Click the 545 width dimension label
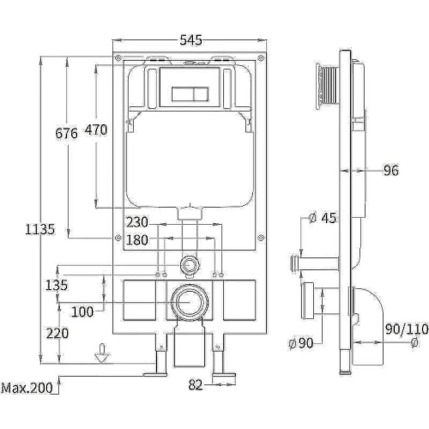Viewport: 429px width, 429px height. pos(190,40)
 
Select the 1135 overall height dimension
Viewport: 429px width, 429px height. pos(39,229)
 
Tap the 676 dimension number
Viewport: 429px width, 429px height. pos(66,133)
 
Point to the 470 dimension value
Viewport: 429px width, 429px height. pos(96,130)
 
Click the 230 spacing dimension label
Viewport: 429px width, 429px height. pos(137,222)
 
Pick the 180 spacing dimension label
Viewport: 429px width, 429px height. pos(137,240)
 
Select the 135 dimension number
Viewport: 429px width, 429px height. pos(57,285)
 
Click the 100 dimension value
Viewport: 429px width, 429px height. pos(82,311)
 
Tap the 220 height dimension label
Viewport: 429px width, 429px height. pos(57,334)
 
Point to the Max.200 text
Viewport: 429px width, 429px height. pos(27,388)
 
